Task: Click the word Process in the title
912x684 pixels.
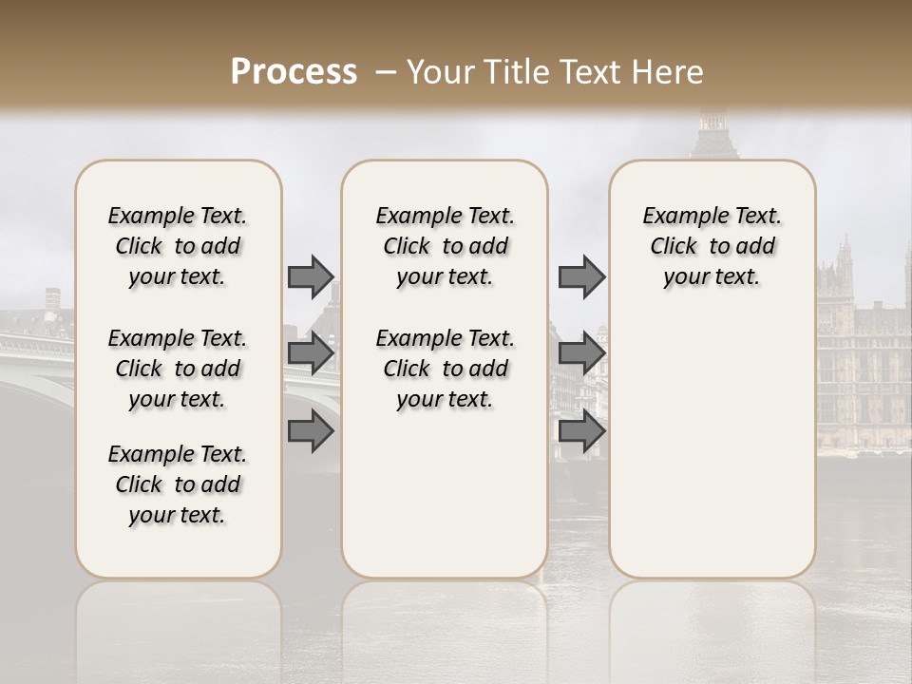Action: pyautogui.click(x=294, y=72)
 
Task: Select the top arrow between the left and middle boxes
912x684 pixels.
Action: pyautogui.click(x=311, y=276)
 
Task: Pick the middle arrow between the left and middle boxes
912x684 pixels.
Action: pyautogui.click(x=311, y=354)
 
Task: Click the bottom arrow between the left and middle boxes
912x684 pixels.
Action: pyautogui.click(x=311, y=432)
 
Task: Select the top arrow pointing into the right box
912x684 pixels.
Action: pyautogui.click(x=581, y=276)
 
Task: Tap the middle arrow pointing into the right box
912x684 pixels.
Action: pyautogui.click(x=581, y=354)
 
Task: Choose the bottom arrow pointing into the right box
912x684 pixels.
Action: pyautogui.click(x=581, y=432)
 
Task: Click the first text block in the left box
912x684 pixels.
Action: pyautogui.click(x=178, y=246)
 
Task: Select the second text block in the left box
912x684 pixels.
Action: pyautogui.click(x=178, y=369)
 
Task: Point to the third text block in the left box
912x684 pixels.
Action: pyautogui.click(x=178, y=484)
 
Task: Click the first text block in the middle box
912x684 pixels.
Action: pyautogui.click(x=445, y=246)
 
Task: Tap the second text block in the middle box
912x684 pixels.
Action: pyautogui.click(x=445, y=369)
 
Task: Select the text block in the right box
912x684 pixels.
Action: pyautogui.click(x=712, y=246)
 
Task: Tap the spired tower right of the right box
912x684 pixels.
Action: pyautogui.click(x=843, y=275)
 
